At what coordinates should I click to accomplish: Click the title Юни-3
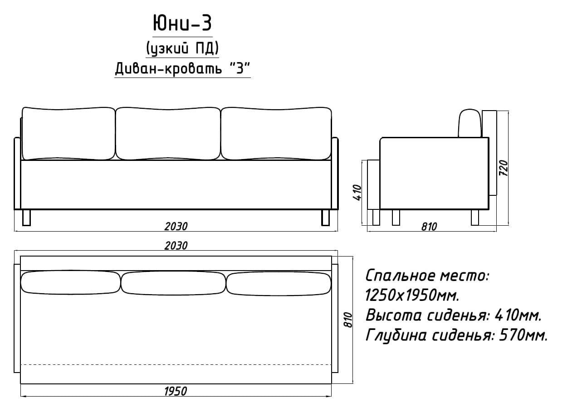[x=182, y=23]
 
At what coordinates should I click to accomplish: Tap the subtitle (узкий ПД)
[x=182, y=48]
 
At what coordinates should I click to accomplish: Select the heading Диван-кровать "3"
[x=182, y=68]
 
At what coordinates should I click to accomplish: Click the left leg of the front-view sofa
[x=26, y=218]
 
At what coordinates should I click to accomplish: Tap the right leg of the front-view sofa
[x=325, y=218]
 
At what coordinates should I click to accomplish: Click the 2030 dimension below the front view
[x=176, y=227]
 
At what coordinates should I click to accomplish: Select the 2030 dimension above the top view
[x=176, y=246]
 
